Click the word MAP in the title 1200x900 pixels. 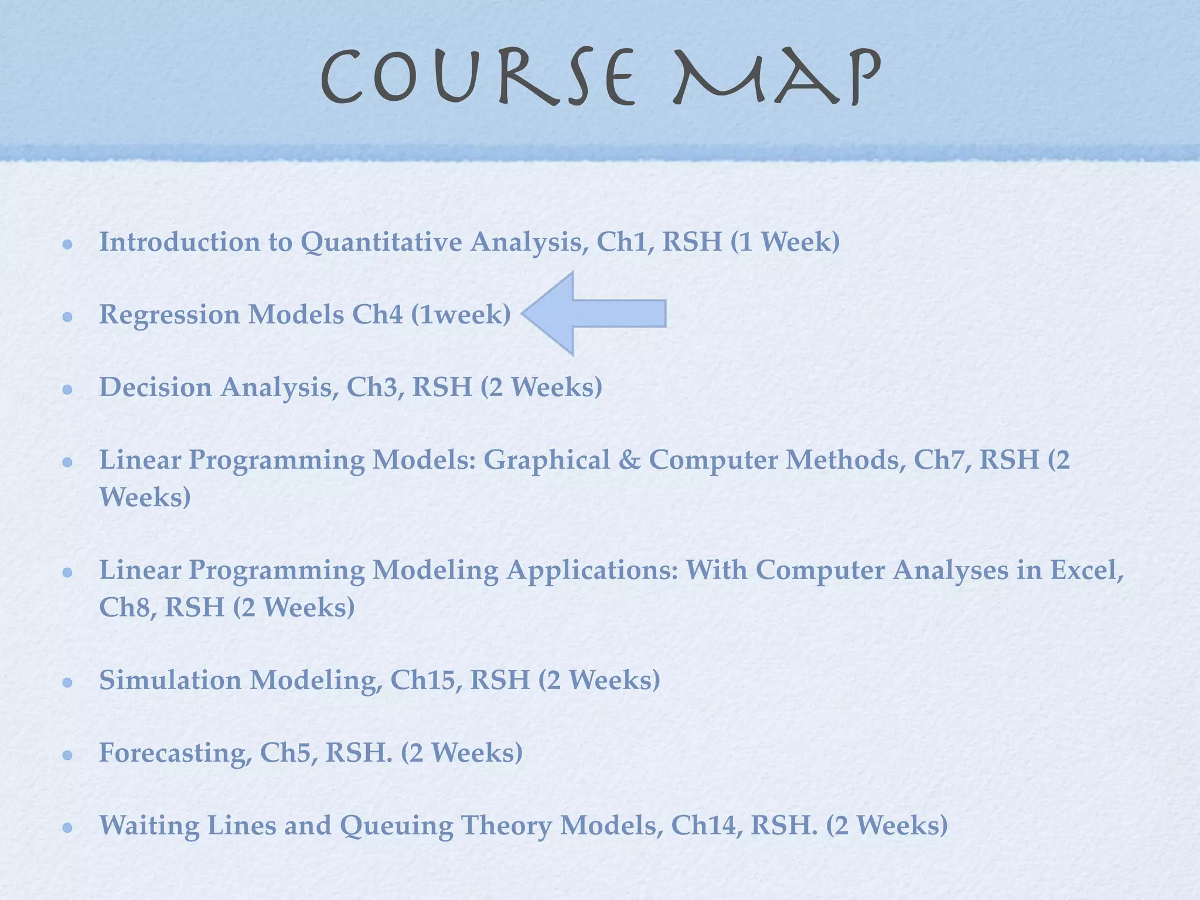tap(776, 78)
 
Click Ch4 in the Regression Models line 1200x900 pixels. tap(377, 315)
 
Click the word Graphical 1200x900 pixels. tap(546, 461)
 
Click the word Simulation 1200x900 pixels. tap(170, 680)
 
